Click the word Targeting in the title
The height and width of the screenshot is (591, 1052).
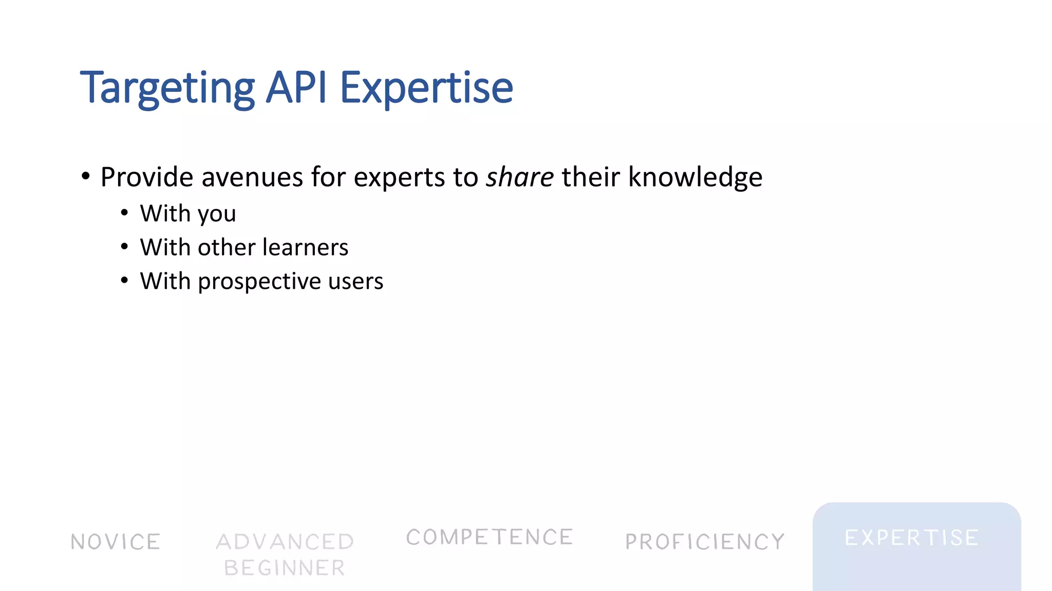click(x=167, y=88)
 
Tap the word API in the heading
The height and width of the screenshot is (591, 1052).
click(x=296, y=87)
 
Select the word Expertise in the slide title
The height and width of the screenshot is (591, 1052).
click(x=426, y=88)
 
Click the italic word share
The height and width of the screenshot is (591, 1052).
click(x=520, y=177)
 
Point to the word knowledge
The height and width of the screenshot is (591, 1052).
click(x=695, y=177)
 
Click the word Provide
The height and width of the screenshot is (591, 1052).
click(x=147, y=177)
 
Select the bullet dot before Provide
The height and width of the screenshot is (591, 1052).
click(x=86, y=176)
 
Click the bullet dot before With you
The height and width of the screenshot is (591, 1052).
click(x=124, y=212)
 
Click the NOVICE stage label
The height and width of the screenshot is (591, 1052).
click(x=116, y=542)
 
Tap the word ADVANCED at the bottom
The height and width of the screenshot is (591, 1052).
click(x=285, y=542)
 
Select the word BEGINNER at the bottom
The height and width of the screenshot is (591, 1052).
click(x=285, y=568)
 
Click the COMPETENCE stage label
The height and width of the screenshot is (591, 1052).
click(x=489, y=537)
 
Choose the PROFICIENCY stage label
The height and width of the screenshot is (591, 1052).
click(x=705, y=542)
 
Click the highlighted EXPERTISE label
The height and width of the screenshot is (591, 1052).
click(x=912, y=538)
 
